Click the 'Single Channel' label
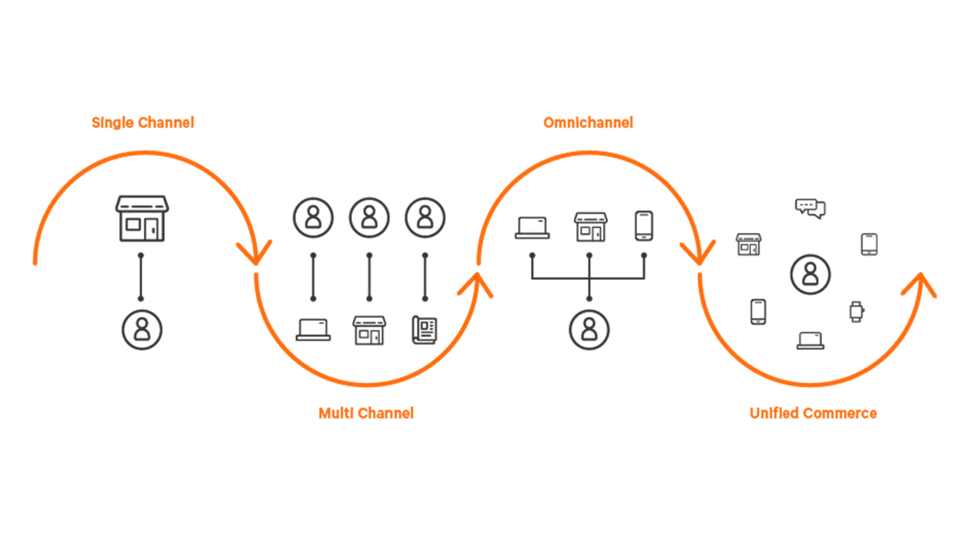point(142,123)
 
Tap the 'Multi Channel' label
point(366,413)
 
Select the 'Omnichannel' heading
point(588,123)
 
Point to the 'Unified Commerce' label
point(813,413)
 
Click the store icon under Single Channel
point(142,219)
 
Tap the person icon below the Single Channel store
point(142,329)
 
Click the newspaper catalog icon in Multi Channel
point(424,329)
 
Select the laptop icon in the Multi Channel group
point(313,329)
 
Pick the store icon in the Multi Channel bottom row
point(369,330)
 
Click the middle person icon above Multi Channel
point(369,218)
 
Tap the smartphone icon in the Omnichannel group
point(643,226)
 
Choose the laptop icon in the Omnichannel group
point(532,228)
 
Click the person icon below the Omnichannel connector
point(589,329)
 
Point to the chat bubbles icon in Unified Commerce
point(810,208)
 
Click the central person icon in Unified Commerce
point(810,275)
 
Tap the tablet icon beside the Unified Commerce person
point(869,244)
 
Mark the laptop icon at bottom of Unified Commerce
point(810,340)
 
